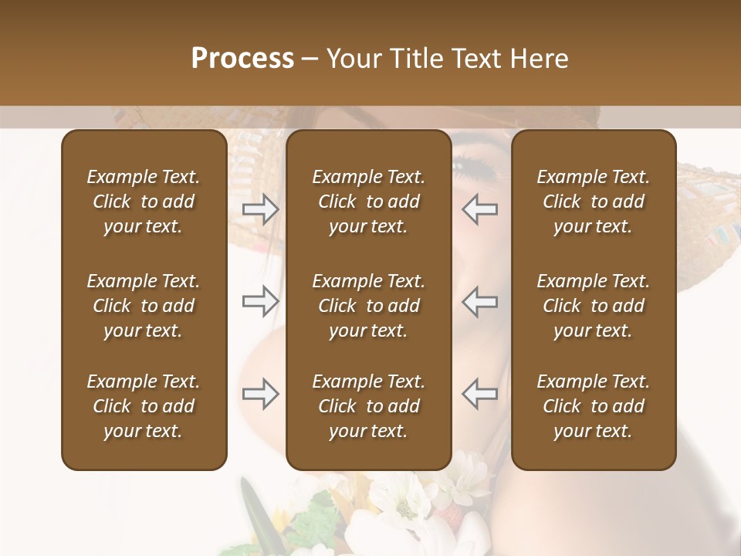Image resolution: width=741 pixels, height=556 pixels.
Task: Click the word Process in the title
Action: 242,59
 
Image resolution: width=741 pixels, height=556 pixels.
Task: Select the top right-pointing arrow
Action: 260,208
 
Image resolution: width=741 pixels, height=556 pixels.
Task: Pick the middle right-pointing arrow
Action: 260,301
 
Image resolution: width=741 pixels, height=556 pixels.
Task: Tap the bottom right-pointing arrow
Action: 260,394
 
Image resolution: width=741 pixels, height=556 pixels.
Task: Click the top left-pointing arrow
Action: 480,208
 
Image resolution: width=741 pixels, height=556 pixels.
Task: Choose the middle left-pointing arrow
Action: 480,301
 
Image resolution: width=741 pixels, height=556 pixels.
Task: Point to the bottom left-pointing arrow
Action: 480,394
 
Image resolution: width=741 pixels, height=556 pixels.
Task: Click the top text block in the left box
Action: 144,202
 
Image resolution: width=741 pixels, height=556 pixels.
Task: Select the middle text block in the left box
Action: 144,306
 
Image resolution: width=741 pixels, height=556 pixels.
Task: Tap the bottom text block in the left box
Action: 144,406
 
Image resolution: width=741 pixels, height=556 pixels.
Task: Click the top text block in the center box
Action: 368,202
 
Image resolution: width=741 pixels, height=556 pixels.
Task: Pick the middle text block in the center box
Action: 368,306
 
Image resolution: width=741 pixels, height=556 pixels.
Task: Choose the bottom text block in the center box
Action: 368,406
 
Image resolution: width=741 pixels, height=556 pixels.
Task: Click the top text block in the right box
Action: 593,202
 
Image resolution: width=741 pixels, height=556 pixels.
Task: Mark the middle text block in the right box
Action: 593,306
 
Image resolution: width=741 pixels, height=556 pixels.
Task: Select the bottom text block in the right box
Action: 593,406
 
